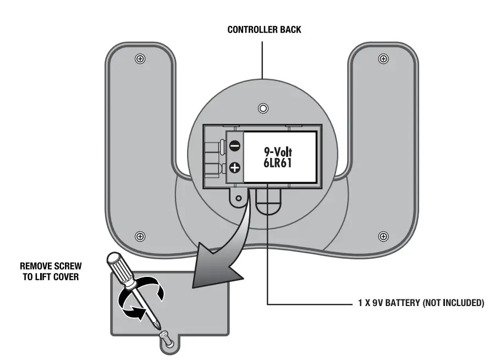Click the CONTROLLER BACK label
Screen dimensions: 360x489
click(x=264, y=30)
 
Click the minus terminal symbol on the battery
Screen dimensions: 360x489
click(x=234, y=146)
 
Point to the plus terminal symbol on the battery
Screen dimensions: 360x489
click(x=234, y=168)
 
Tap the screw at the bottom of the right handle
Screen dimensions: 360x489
click(x=383, y=236)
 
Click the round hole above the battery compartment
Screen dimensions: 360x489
click(x=263, y=107)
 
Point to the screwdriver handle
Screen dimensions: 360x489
click(x=122, y=270)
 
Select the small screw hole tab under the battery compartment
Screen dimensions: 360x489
click(x=238, y=197)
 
